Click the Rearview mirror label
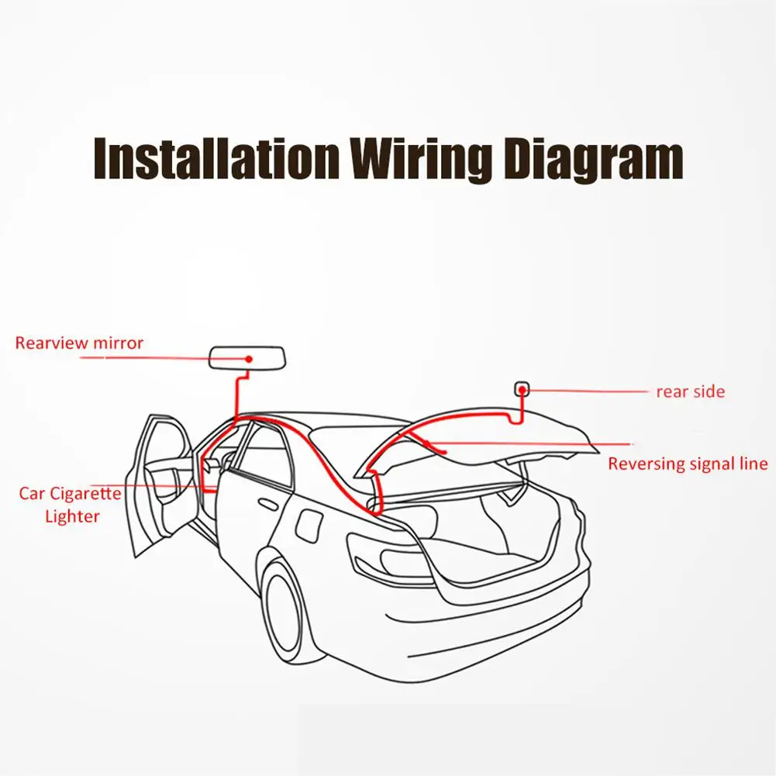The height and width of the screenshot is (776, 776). point(79,343)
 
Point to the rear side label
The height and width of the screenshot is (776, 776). point(690,391)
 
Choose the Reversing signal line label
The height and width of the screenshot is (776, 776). point(688,464)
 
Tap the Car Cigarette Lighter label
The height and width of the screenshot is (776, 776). point(71,505)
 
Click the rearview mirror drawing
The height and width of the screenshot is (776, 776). point(247,359)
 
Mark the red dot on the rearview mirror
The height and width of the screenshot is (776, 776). point(249,359)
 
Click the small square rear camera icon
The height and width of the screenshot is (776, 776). point(523,387)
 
